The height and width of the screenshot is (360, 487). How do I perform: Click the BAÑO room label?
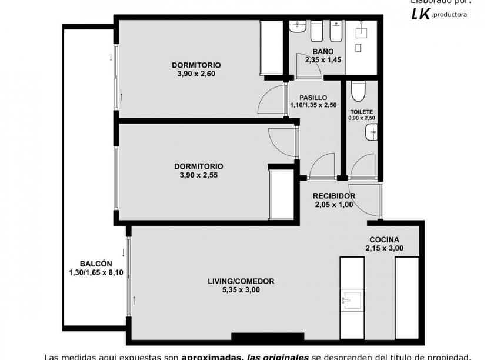tap(315, 51)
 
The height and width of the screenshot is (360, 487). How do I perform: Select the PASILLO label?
tap(313, 98)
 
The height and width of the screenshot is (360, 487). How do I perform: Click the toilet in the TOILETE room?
tap(358, 91)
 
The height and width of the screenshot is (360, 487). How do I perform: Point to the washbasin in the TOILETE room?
tap(372, 134)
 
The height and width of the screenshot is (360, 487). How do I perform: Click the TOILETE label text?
tap(361, 111)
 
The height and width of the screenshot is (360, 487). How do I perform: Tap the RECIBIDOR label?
tap(333, 196)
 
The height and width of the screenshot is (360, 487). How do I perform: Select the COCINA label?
tap(384, 239)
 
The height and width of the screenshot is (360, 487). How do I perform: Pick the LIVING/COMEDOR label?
tap(241, 281)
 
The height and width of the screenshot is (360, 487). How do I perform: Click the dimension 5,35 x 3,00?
tap(241, 290)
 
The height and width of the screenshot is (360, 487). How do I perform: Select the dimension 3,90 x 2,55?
tap(198, 175)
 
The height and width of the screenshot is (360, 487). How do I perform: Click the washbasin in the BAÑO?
tap(298, 26)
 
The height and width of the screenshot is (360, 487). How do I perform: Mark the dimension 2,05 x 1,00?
tap(333, 205)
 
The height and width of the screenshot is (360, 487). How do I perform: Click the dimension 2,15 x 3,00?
tap(384, 248)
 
